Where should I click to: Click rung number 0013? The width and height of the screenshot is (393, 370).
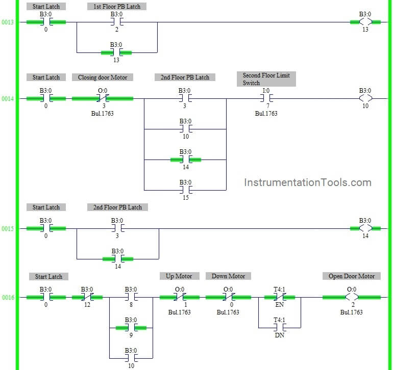click(7, 22)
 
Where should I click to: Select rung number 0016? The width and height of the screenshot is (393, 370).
click(7, 298)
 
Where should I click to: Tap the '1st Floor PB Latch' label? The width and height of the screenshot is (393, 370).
click(117, 7)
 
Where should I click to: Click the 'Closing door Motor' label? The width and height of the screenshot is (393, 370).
click(103, 77)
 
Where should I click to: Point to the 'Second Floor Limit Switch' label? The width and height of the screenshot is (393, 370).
click(266, 79)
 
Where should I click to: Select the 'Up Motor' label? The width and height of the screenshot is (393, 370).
click(179, 276)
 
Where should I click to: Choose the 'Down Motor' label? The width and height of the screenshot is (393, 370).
click(228, 276)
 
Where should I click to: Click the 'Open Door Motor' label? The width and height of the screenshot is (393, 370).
click(351, 276)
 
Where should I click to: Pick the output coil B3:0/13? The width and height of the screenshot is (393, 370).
click(365, 22)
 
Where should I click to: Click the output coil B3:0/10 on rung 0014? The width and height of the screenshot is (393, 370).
click(365, 98)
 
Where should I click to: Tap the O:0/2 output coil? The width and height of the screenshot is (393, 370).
click(352, 298)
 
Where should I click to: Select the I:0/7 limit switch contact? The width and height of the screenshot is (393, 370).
click(266, 98)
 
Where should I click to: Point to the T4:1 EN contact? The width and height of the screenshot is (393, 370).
click(279, 298)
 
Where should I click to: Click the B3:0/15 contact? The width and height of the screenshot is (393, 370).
click(185, 190)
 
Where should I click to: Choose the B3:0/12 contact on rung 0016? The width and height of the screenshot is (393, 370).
click(87, 298)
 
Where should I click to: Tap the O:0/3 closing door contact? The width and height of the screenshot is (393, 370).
click(103, 98)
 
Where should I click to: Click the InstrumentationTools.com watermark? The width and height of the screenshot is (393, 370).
click(307, 182)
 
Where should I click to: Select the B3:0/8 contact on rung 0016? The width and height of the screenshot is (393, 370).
click(131, 298)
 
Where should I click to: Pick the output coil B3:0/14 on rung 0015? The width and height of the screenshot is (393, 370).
click(365, 228)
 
